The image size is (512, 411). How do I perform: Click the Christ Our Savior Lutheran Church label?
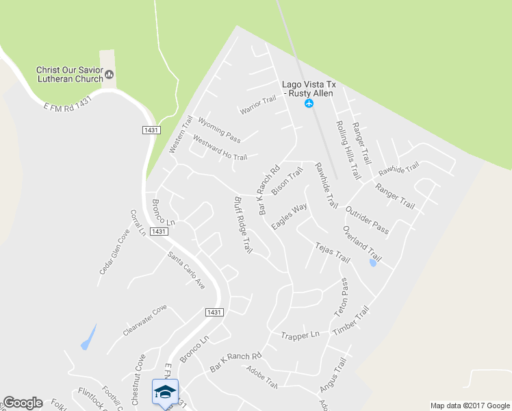tap(69, 74)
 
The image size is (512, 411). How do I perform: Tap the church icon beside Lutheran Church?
tap(110, 74)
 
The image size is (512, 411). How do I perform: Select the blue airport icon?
tap(309, 103)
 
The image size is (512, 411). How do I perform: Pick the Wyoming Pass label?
tap(219, 129)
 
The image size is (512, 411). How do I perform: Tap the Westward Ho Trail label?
tap(220, 148)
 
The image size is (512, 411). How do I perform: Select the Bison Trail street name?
tap(287, 182)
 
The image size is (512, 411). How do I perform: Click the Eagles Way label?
tap(289, 216)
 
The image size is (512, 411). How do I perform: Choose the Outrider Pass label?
tap(368, 220)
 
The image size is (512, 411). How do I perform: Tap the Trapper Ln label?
tap(300, 335)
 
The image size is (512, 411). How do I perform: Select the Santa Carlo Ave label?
tap(186, 270)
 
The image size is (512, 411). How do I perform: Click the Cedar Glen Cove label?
tap(114, 251)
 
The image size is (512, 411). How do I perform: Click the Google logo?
tap(23, 403)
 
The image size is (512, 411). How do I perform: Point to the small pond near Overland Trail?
tap(372, 262)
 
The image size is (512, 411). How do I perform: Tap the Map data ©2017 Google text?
tap(470, 406)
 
